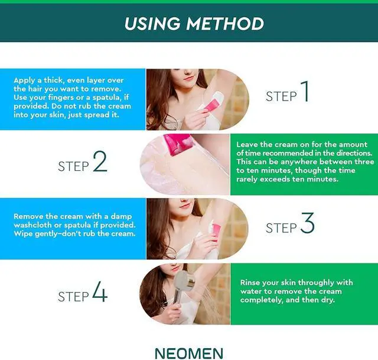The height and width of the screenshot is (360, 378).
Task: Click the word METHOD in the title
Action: click(x=225, y=24)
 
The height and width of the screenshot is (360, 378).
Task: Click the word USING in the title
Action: click(x=152, y=24)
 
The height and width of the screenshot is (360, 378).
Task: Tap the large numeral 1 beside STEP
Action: click(x=305, y=91)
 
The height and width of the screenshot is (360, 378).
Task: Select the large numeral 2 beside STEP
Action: click(x=100, y=161)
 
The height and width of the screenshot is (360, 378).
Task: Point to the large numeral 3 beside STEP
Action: click(x=307, y=223)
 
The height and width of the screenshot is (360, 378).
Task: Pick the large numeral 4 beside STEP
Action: click(x=100, y=291)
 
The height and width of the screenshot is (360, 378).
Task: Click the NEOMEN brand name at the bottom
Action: click(x=189, y=353)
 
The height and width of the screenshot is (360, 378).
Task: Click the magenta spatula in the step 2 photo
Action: click(x=179, y=144)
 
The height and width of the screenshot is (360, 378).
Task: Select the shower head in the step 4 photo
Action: click(x=184, y=280)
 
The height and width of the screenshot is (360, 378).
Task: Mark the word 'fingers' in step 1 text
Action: click(x=61, y=98)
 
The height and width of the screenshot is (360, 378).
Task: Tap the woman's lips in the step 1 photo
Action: click(x=188, y=79)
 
